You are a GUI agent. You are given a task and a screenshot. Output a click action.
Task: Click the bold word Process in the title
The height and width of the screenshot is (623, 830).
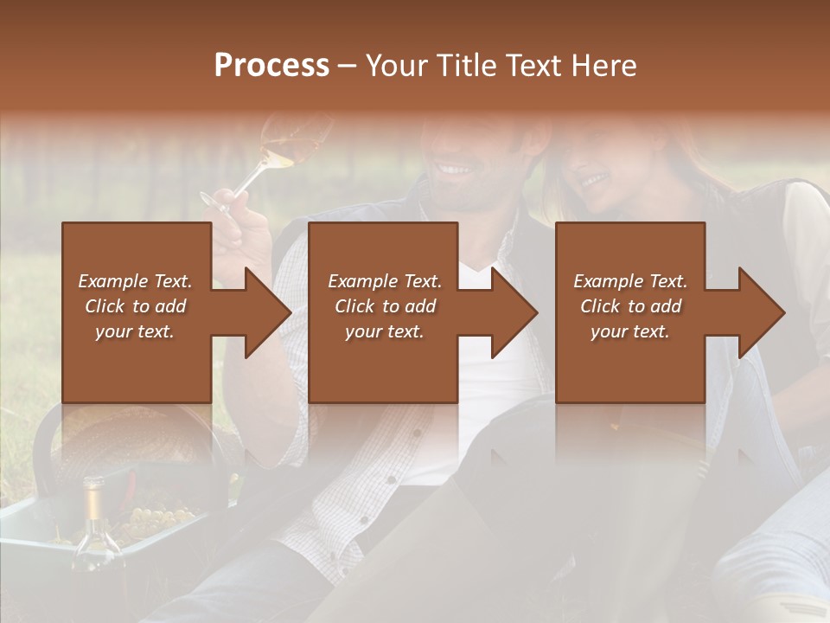point(271,66)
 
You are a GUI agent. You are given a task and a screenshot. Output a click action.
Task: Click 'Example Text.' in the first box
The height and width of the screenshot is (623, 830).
point(135,281)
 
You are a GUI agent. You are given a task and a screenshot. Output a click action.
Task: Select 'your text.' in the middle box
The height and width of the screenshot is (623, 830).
point(384,331)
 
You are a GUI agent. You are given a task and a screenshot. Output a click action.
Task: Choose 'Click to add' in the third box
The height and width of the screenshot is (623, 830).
point(630,306)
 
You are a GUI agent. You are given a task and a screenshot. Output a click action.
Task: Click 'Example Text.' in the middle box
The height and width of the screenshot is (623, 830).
point(384,281)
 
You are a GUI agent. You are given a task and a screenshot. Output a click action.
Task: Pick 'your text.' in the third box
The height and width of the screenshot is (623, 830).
point(630,331)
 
